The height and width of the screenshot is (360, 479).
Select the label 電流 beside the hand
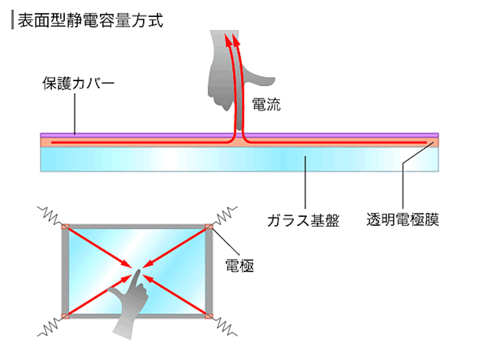point(266,105)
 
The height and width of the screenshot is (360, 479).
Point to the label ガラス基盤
point(303,221)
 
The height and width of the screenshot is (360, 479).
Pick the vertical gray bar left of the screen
point(65,271)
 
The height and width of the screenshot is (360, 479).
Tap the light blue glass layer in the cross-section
point(239,159)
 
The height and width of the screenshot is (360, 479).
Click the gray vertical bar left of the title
point(13,21)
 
